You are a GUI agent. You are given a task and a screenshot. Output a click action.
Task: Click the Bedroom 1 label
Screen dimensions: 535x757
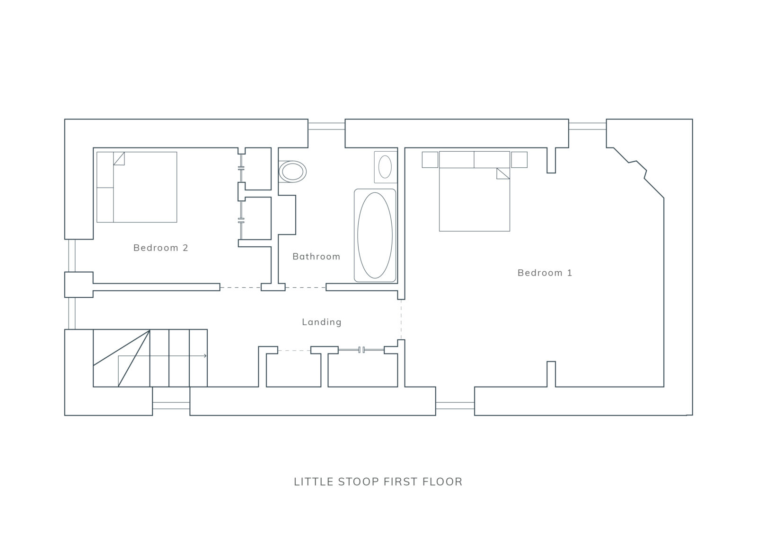point(545,273)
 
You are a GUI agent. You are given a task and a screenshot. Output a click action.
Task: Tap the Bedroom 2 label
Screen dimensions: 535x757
point(160,248)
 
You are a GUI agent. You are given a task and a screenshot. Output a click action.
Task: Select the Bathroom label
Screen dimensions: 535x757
point(316,257)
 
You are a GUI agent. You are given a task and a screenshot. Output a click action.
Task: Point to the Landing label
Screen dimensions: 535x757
point(322,322)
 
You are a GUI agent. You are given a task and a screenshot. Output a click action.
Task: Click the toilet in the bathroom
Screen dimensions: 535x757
point(292,172)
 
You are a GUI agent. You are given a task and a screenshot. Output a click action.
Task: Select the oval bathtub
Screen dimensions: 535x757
point(375,235)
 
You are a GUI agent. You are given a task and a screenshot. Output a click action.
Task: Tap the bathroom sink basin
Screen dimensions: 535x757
point(385,166)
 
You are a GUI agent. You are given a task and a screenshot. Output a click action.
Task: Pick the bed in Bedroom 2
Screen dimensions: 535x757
point(137,187)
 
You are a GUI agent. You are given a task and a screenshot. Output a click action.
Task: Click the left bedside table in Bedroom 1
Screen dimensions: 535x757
point(430,159)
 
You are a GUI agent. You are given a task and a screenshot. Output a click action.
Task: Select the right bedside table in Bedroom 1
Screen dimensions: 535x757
point(519,159)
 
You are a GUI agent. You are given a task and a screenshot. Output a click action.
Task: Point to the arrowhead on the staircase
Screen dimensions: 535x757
point(205,356)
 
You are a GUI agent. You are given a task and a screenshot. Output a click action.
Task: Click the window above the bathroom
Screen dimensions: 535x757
point(326,126)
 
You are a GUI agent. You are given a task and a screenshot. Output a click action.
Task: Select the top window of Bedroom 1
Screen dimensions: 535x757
point(587,126)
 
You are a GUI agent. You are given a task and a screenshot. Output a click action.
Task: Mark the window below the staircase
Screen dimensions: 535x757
point(171,406)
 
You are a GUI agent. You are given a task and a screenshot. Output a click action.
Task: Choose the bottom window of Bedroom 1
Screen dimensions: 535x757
point(455,406)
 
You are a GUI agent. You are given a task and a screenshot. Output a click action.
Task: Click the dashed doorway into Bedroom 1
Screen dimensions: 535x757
point(401,319)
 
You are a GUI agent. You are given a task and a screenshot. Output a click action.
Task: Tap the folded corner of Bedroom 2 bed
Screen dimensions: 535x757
point(119,158)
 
